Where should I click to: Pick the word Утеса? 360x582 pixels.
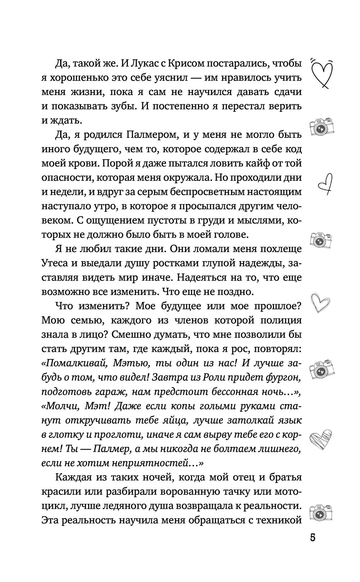pos(57,263)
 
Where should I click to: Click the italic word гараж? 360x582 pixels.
pos(114,392)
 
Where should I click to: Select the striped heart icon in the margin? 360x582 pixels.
pos(321,438)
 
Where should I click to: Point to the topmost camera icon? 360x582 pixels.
pos(321,126)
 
